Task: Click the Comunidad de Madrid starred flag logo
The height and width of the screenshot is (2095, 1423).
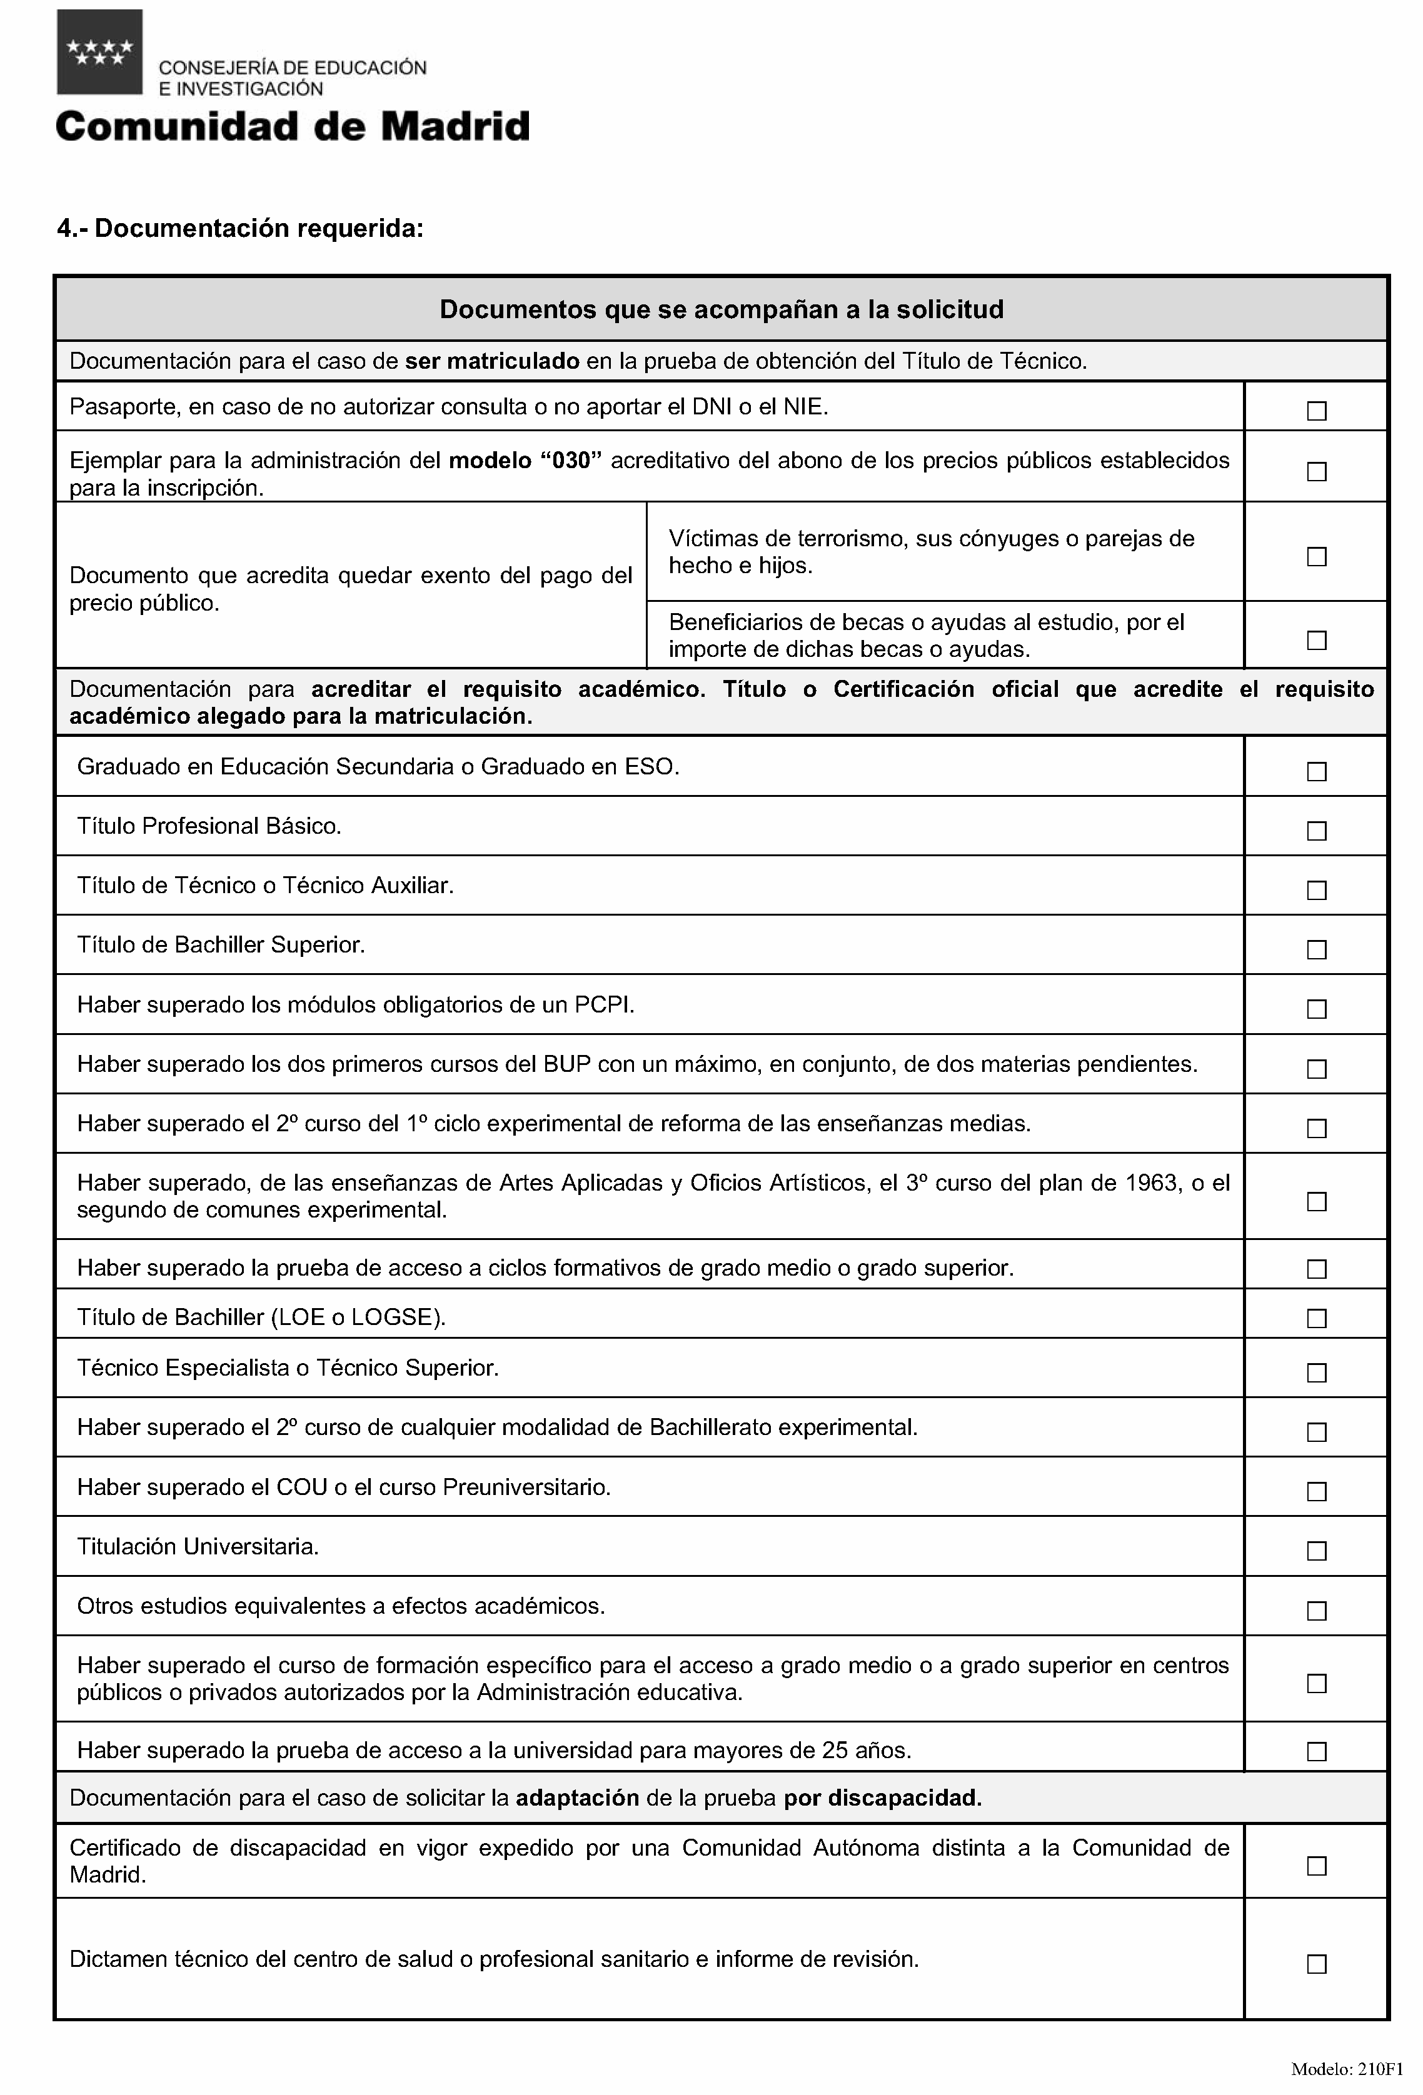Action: [99, 52]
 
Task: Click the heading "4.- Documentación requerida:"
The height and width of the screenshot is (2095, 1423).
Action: [240, 229]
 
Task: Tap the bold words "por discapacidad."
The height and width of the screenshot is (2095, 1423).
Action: [882, 1798]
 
